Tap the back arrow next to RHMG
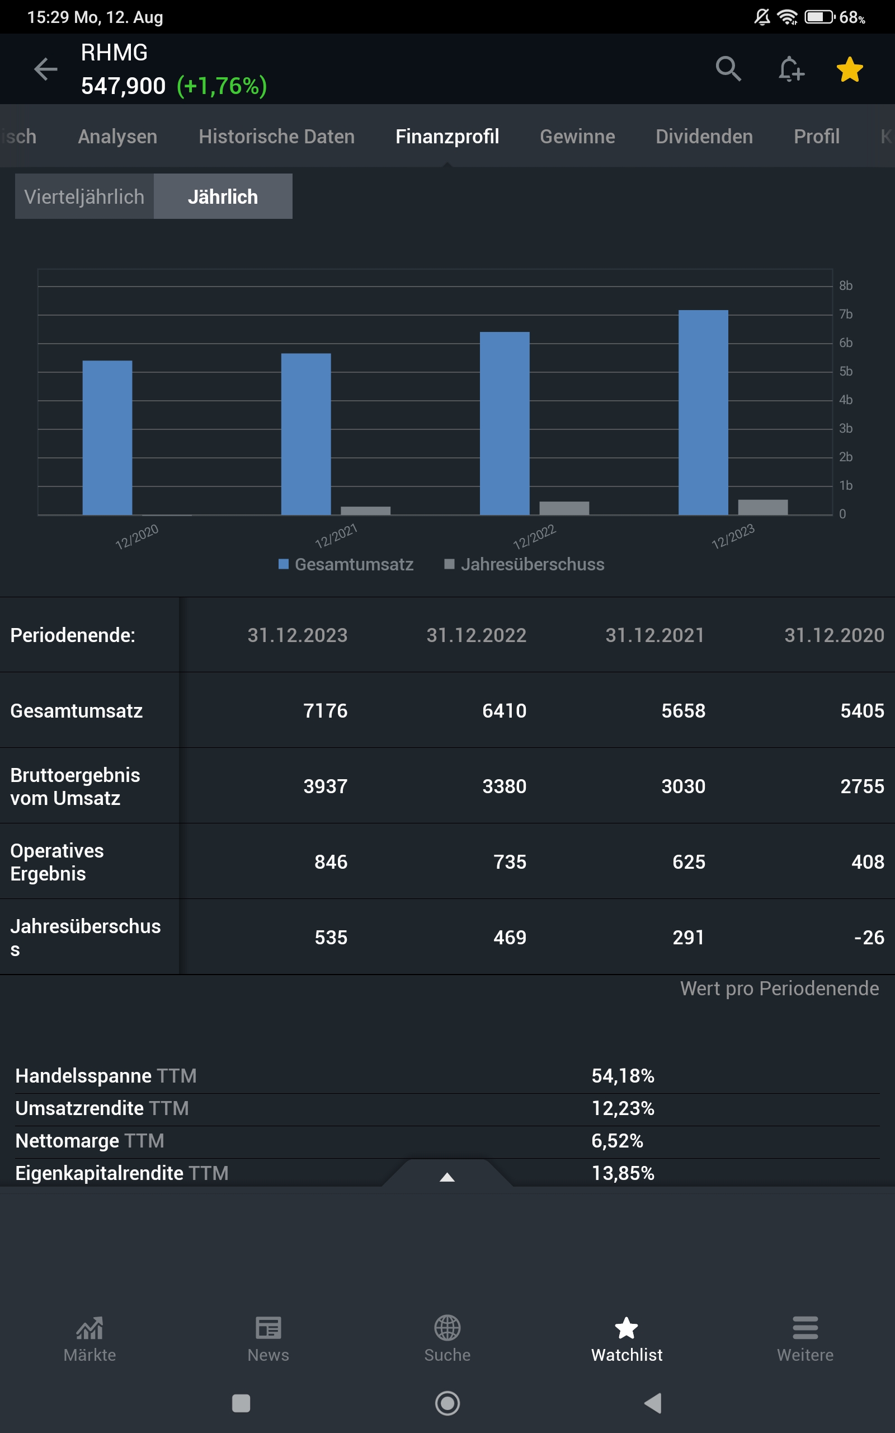click(45, 69)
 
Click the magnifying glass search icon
click(728, 69)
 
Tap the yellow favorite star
click(850, 70)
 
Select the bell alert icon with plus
click(791, 69)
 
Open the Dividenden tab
click(704, 137)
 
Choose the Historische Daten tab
click(276, 137)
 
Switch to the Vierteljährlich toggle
click(84, 196)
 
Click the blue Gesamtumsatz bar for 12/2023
click(703, 412)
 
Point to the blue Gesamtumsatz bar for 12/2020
click(107, 438)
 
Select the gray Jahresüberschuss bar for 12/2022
click(564, 508)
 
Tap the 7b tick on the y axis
click(846, 315)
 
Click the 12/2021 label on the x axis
click(336, 536)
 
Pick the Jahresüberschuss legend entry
click(525, 564)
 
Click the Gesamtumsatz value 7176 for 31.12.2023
click(325, 710)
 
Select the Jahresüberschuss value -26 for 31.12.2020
click(868, 938)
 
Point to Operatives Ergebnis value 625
click(689, 861)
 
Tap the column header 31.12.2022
click(476, 635)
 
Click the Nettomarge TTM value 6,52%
click(617, 1141)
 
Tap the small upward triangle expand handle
click(447, 1177)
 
